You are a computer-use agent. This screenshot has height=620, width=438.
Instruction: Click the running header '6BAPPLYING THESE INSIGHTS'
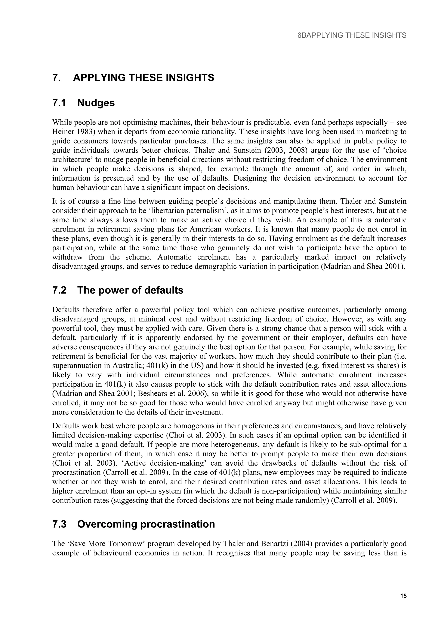pyautogui.click(x=352, y=35)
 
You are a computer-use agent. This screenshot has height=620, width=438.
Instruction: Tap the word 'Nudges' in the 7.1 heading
pyautogui.click(x=96, y=103)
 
